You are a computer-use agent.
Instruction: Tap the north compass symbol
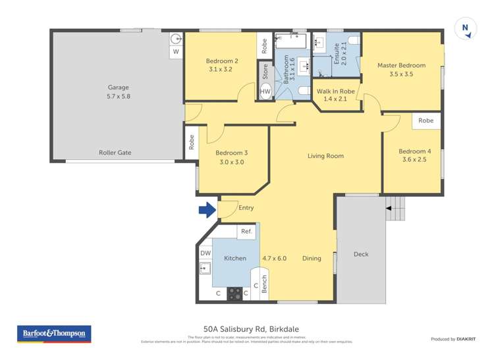(466, 28)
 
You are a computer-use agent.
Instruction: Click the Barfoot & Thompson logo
(54, 334)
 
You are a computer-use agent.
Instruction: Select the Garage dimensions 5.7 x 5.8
(119, 97)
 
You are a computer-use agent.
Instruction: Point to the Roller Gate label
(115, 153)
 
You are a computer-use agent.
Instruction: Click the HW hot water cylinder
(265, 91)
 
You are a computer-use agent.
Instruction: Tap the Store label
(265, 71)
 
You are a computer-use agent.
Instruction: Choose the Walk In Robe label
(336, 91)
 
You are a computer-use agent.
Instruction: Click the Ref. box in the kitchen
(246, 231)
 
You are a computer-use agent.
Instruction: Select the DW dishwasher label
(206, 253)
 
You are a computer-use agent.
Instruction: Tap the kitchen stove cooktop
(235, 294)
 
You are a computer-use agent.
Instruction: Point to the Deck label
(361, 253)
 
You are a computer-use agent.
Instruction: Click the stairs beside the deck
(396, 209)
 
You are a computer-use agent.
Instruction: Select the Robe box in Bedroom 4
(426, 120)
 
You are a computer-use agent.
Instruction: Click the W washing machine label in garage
(176, 51)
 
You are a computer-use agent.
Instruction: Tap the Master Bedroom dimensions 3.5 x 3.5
(401, 74)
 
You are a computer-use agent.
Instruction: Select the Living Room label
(326, 156)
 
